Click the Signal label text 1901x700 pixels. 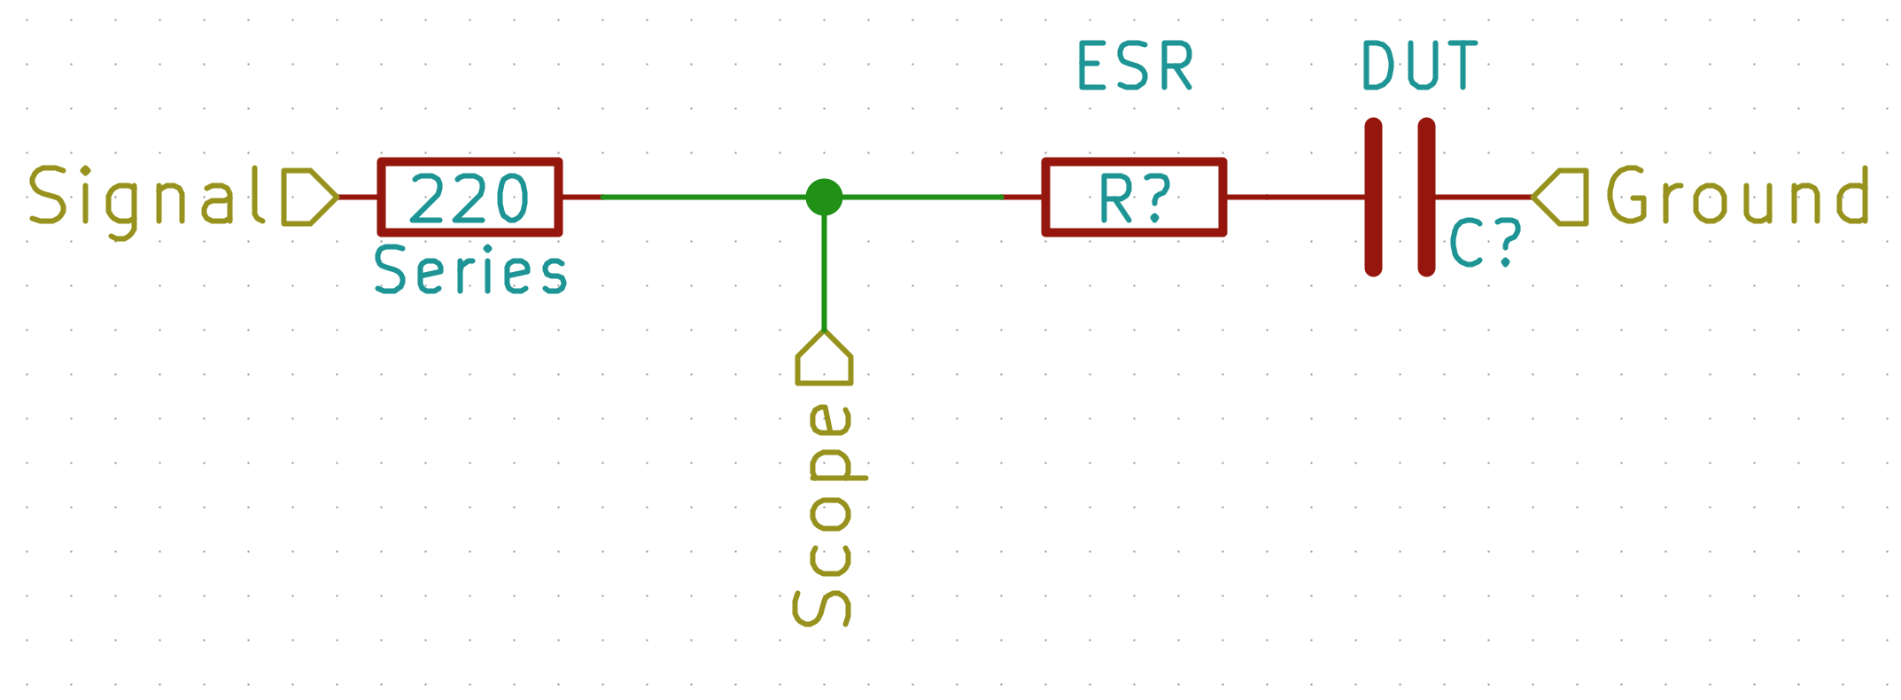point(146,198)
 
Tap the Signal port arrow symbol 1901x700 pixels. point(308,197)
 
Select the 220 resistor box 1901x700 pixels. point(469,197)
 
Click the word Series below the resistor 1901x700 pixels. point(470,271)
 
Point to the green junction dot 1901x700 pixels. point(824,197)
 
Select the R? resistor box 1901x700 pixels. point(1134,197)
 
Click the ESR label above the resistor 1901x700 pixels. point(1135,66)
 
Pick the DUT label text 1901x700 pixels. point(1419,66)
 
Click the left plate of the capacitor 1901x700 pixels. point(1373,197)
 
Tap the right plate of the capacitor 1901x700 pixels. point(1426,197)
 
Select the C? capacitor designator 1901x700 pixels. point(1485,244)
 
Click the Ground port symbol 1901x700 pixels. point(1562,197)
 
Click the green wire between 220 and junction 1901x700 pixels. point(700,197)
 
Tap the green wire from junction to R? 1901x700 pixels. point(921,197)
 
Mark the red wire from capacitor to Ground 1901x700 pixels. point(1484,197)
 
